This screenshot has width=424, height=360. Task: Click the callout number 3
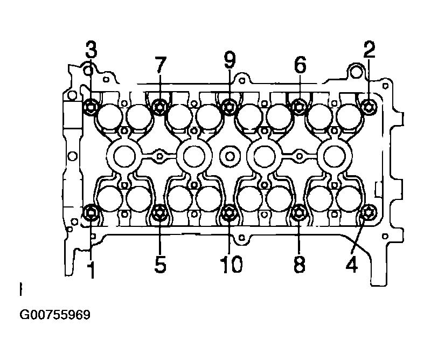click(92, 50)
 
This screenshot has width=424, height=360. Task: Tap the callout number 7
click(161, 65)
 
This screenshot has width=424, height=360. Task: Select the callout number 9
click(230, 60)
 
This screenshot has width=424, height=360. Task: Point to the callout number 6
click(300, 65)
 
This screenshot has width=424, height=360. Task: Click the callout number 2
click(369, 50)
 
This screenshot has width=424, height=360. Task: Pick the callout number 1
click(92, 270)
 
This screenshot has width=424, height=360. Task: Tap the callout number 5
click(160, 264)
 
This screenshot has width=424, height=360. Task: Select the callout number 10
click(232, 264)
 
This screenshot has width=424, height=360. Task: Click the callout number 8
click(300, 264)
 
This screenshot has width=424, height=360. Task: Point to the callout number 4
click(352, 264)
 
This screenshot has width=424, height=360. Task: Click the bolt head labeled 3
click(91, 107)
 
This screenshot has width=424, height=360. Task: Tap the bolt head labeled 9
click(229, 107)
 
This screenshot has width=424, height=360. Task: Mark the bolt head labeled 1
click(91, 212)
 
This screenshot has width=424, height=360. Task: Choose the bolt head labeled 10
click(228, 212)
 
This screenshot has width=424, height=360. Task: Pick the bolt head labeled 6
click(299, 107)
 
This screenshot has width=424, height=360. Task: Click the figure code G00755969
click(54, 315)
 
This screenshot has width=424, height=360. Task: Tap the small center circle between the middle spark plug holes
click(230, 156)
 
